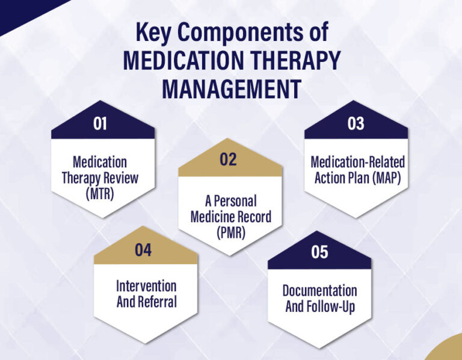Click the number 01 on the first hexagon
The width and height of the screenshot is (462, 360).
click(100, 124)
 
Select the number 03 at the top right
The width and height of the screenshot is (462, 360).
click(356, 124)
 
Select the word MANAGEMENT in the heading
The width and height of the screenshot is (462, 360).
click(231, 88)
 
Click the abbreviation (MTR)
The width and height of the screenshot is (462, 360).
click(99, 193)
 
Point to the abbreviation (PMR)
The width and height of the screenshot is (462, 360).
click(230, 232)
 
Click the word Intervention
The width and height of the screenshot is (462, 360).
click(146, 286)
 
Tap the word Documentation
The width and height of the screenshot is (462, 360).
click(319, 290)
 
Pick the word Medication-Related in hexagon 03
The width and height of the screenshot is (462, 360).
click(357, 163)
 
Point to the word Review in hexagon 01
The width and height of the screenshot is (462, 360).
click(119, 178)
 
